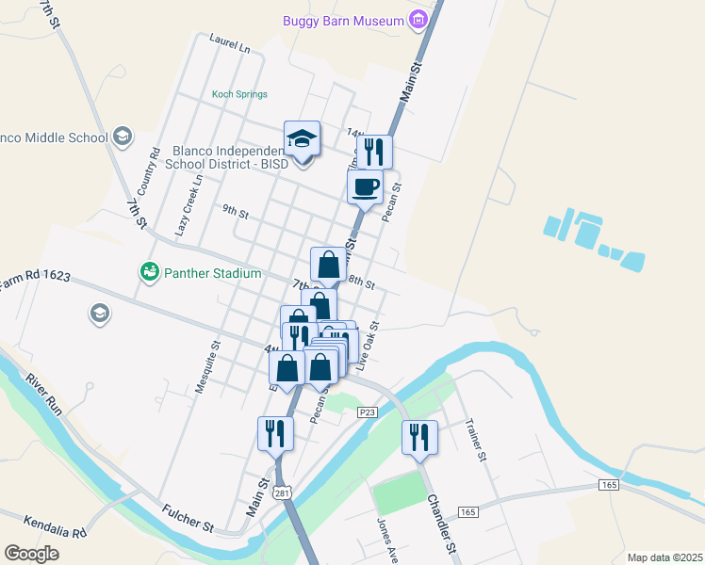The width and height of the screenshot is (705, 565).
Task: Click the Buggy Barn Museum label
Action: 343,20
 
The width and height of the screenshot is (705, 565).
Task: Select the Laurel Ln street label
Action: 230,43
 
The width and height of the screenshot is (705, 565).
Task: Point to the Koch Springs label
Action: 239,94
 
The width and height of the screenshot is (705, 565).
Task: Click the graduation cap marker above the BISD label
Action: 303,139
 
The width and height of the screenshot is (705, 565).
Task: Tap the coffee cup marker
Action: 365,186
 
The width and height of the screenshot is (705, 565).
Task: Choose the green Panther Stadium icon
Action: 149,272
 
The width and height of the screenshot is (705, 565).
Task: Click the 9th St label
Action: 235,213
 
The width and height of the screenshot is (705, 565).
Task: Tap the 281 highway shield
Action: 281,492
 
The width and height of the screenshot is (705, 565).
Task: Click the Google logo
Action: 31,554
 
